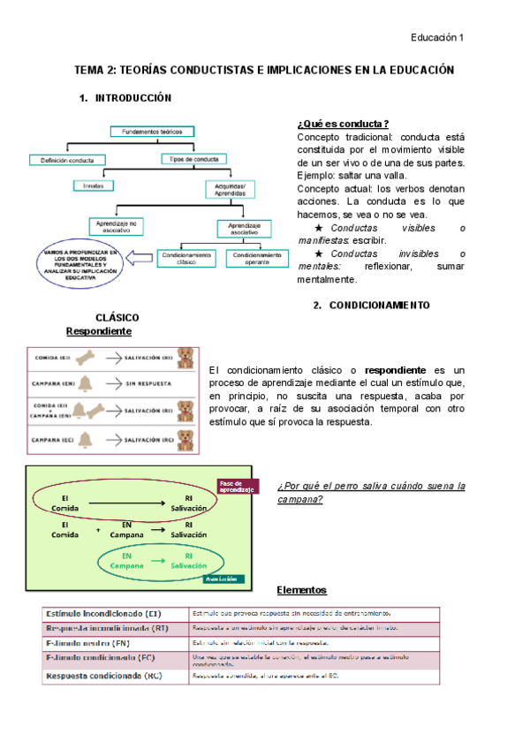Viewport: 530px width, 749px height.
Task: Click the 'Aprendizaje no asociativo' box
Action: pyautogui.click(x=117, y=227)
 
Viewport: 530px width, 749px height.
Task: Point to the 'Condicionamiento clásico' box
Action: pyautogui.click(x=185, y=258)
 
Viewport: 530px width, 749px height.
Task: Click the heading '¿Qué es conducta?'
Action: pyautogui.click(x=344, y=125)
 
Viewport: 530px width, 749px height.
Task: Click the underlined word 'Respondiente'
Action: pyautogui.click(x=99, y=331)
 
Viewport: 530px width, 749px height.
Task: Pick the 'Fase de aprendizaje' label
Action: pyautogui.click(x=237, y=486)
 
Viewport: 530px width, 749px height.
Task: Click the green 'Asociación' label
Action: pyautogui.click(x=223, y=579)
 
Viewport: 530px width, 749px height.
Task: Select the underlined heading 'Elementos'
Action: pyautogui.click(x=301, y=590)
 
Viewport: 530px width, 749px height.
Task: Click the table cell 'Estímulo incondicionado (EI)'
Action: pyautogui.click(x=102, y=613)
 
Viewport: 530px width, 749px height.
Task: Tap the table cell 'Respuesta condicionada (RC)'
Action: pyautogui.click(x=103, y=676)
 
